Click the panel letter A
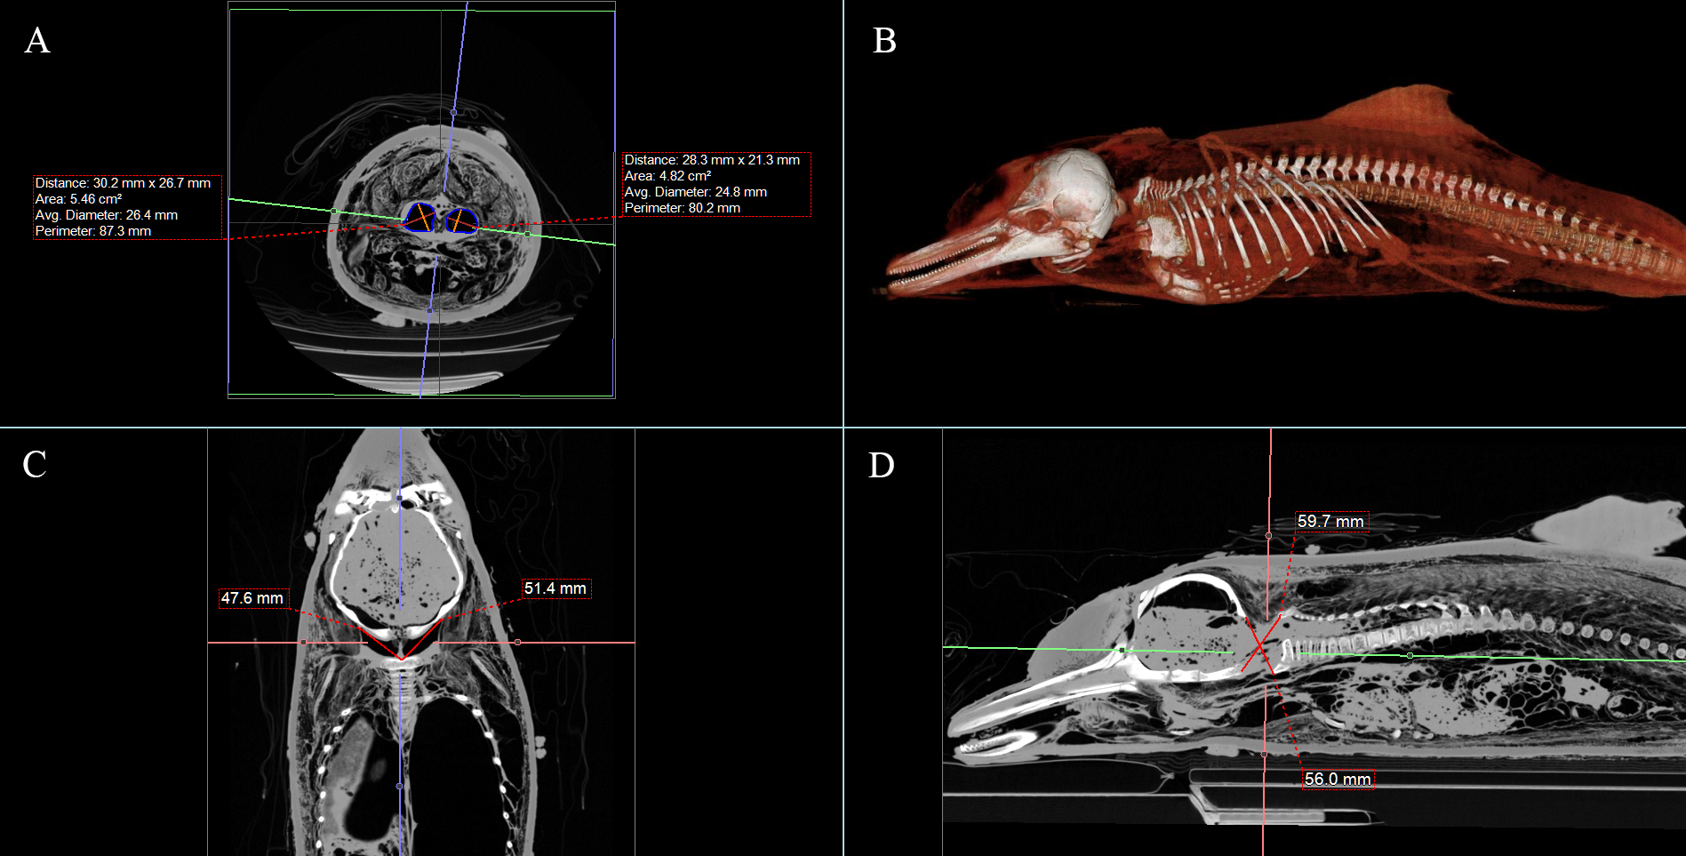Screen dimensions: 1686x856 37,41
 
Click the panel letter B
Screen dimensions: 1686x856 884,41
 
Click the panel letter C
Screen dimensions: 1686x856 35,464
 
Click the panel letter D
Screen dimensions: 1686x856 881,465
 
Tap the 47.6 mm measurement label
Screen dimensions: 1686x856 252,598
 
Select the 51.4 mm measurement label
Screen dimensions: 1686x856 555,588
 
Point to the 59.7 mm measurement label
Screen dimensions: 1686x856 1330,522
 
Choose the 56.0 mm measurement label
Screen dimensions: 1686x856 1338,780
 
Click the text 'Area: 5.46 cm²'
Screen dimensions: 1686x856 78,199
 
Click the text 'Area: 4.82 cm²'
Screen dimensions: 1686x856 667,176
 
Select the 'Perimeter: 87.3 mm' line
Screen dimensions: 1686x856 93,231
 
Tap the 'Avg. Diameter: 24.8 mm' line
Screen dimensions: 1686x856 695,192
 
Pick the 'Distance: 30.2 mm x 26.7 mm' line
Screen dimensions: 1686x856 123,183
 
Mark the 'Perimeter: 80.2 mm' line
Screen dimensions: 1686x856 682,208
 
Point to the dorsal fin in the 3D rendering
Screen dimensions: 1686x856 1404,111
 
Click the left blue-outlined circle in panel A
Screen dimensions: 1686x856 420,218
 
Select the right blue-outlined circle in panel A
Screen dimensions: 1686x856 461,220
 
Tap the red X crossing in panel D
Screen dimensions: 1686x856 1259,646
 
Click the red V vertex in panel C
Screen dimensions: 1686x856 402,659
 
